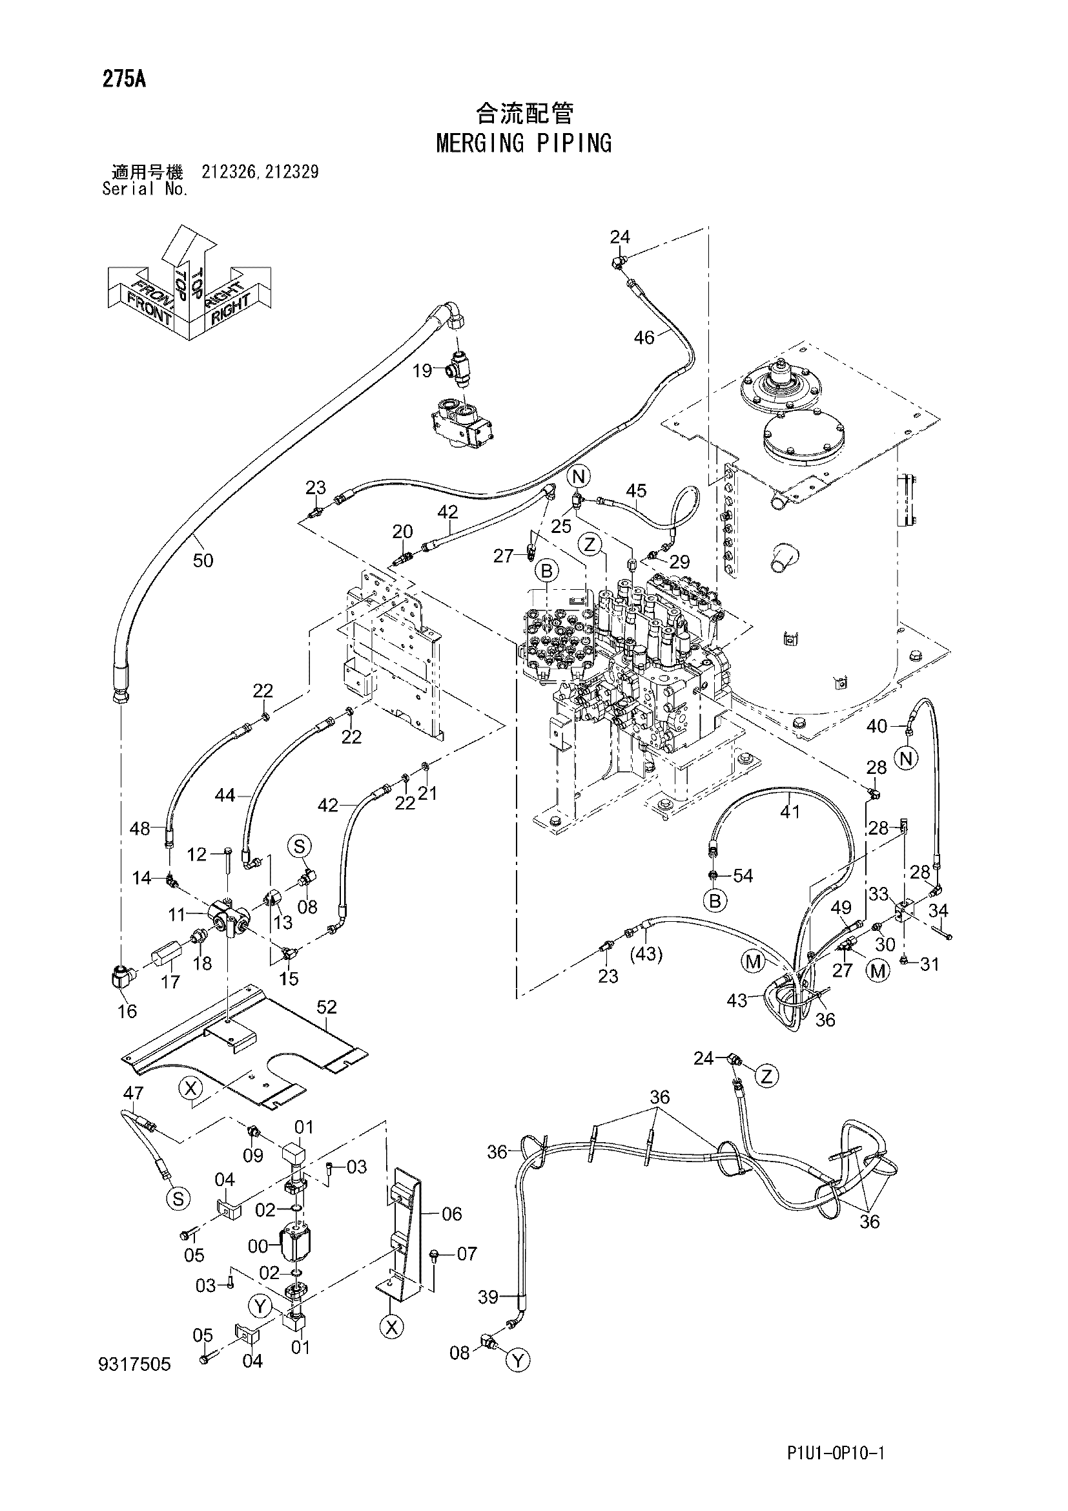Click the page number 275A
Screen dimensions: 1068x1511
click(123, 79)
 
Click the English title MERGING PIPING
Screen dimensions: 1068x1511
click(524, 143)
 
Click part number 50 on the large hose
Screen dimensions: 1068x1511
click(203, 561)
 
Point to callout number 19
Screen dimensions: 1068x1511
click(422, 371)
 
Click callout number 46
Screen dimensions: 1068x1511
click(644, 338)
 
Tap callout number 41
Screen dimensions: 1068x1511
click(790, 812)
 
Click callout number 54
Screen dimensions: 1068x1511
click(743, 876)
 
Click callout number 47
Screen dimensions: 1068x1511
click(134, 1093)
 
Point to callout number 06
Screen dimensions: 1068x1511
click(452, 1214)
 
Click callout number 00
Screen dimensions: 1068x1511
click(258, 1245)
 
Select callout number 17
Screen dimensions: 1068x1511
click(170, 983)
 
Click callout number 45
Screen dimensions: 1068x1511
click(636, 490)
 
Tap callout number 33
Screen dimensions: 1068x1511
click(879, 894)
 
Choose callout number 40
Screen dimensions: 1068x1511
click(878, 726)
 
